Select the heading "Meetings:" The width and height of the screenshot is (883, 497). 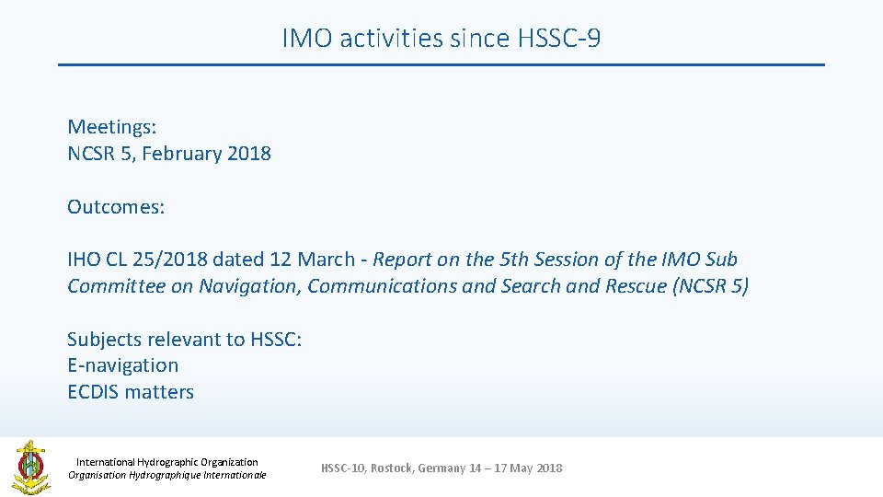coord(111,127)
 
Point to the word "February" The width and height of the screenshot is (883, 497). coord(181,154)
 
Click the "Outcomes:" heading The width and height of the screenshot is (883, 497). coord(116,207)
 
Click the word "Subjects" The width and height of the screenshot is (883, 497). coord(105,340)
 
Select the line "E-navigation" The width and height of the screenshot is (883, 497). coord(122,365)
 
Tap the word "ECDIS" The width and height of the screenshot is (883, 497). coord(93,392)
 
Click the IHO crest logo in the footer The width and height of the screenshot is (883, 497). coord(30,468)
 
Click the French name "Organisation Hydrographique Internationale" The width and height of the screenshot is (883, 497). coord(167,475)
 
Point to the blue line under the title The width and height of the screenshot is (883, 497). coord(441,64)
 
